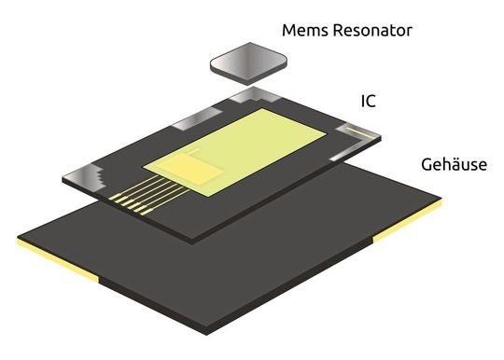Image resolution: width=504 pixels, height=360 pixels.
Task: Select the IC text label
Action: coord(369,101)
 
